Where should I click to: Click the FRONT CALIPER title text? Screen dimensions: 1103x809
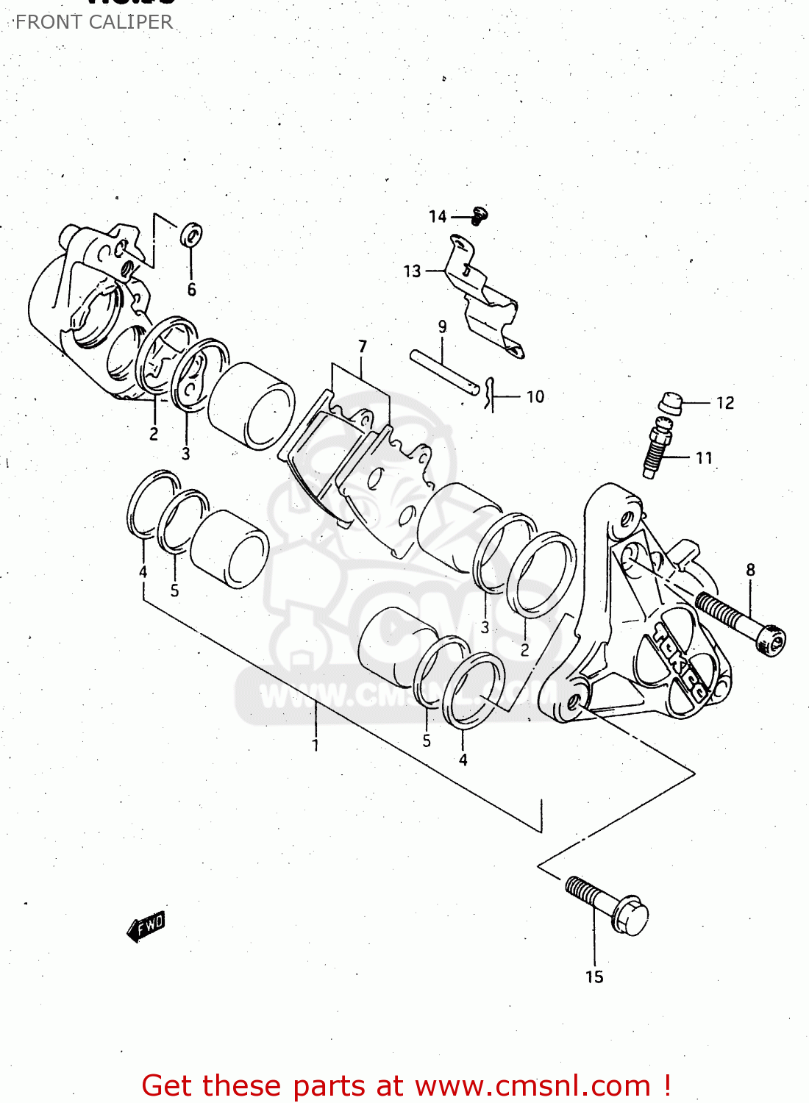click(94, 22)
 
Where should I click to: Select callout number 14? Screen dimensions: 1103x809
click(438, 216)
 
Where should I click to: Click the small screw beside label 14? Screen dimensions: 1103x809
click(480, 215)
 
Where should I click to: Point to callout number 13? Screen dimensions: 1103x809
click(412, 271)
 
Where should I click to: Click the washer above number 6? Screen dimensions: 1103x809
click(192, 235)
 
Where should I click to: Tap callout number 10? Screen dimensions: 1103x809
click(535, 397)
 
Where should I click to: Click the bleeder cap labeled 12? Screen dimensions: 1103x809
click(670, 403)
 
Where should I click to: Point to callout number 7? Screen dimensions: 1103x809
click(363, 346)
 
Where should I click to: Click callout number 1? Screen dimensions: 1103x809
click(316, 745)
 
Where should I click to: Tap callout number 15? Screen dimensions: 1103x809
click(594, 977)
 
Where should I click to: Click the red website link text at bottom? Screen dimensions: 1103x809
click(406, 1085)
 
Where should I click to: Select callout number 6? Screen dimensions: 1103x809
click(191, 290)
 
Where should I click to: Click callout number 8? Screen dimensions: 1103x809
click(750, 570)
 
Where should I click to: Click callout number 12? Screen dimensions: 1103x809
click(725, 403)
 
